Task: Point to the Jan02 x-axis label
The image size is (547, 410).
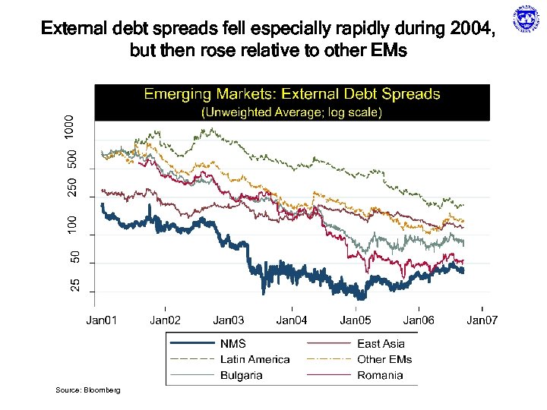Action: tap(165, 321)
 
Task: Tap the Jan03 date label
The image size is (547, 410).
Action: tap(228, 321)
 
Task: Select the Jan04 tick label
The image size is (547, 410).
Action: tap(292, 321)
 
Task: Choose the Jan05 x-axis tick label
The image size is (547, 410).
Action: tap(355, 321)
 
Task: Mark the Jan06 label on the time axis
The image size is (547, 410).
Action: tap(419, 321)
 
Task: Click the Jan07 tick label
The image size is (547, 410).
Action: tap(482, 321)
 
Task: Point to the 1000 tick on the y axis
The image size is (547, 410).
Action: tap(70, 126)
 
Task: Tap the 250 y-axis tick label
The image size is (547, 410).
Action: tap(70, 189)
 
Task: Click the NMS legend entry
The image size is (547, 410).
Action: tap(232, 344)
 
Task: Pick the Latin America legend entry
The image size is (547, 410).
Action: tap(255, 359)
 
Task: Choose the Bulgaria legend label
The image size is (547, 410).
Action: tap(242, 375)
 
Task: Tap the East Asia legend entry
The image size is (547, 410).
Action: tap(381, 344)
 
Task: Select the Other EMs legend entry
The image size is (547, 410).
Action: tap(384, 359)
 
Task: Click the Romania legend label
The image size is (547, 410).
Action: tap(380, 375)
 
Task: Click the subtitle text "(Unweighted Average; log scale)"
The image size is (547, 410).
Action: tap(292, 112)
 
